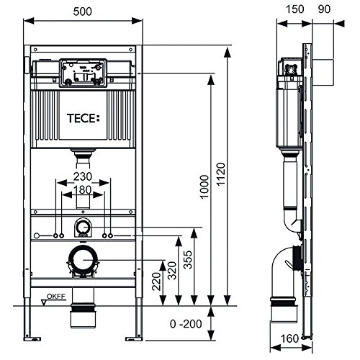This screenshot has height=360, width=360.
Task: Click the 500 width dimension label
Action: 82,12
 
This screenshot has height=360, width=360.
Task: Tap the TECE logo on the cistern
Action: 83,118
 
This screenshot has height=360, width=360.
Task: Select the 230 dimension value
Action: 83,176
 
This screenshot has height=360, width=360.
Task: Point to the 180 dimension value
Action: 82,190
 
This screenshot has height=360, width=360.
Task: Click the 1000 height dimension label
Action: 204,187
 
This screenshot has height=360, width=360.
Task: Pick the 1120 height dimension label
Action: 221,174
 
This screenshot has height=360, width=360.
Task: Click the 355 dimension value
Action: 188,260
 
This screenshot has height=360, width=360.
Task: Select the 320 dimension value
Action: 172,271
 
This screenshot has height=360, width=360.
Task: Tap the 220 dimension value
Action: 156,282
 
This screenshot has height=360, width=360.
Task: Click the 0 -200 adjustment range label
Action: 186,324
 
